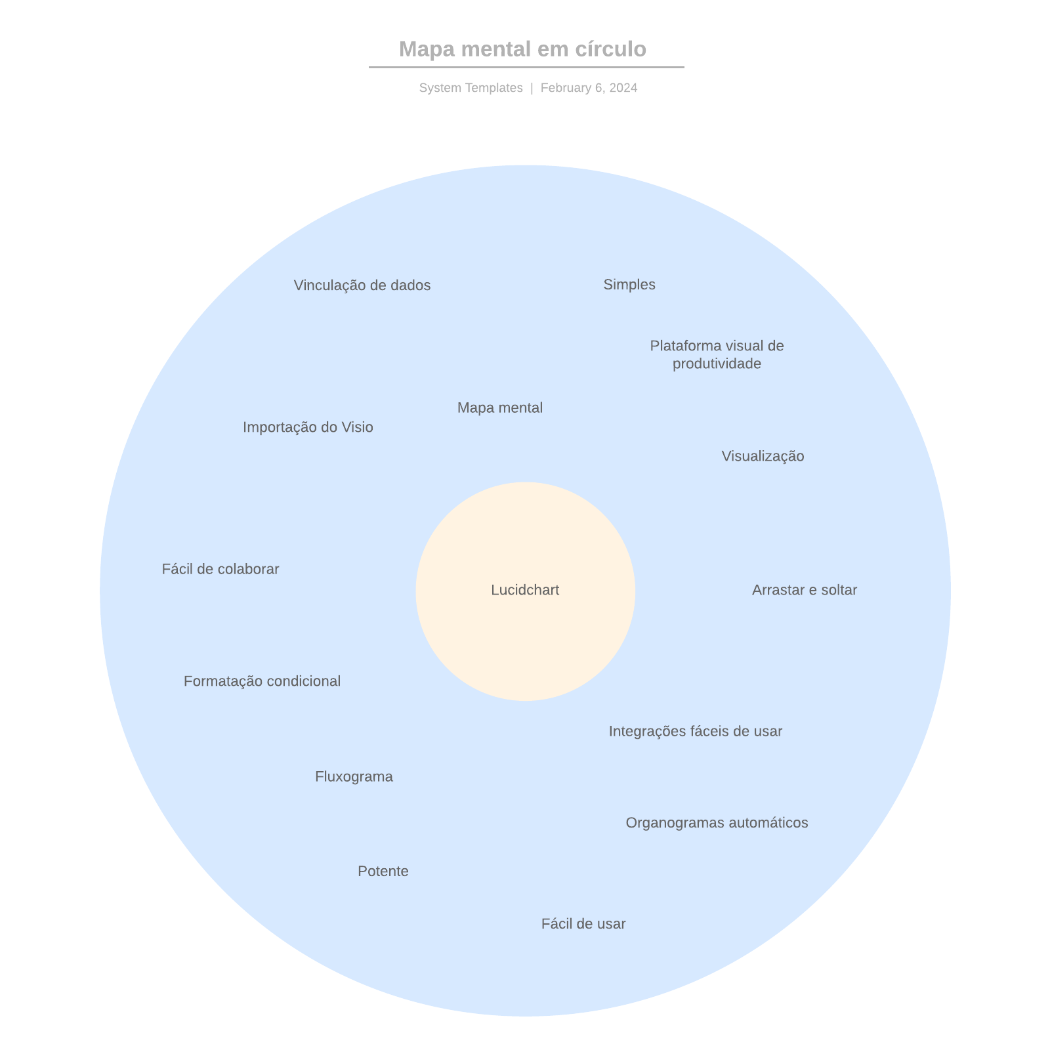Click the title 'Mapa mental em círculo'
522,49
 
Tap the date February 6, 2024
589,88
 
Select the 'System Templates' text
471,88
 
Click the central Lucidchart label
525,590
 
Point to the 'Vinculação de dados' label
362,285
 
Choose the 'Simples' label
629,284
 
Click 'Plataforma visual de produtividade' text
717,354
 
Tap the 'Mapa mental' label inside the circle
500,408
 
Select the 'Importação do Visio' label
308,427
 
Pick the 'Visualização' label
763,456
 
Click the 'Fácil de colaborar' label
220,569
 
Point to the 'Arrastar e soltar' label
805,590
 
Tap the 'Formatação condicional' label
262,681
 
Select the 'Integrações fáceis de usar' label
696,731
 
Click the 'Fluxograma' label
354,776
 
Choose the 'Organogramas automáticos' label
717,822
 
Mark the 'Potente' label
383,871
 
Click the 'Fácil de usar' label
583,923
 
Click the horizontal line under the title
526,67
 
